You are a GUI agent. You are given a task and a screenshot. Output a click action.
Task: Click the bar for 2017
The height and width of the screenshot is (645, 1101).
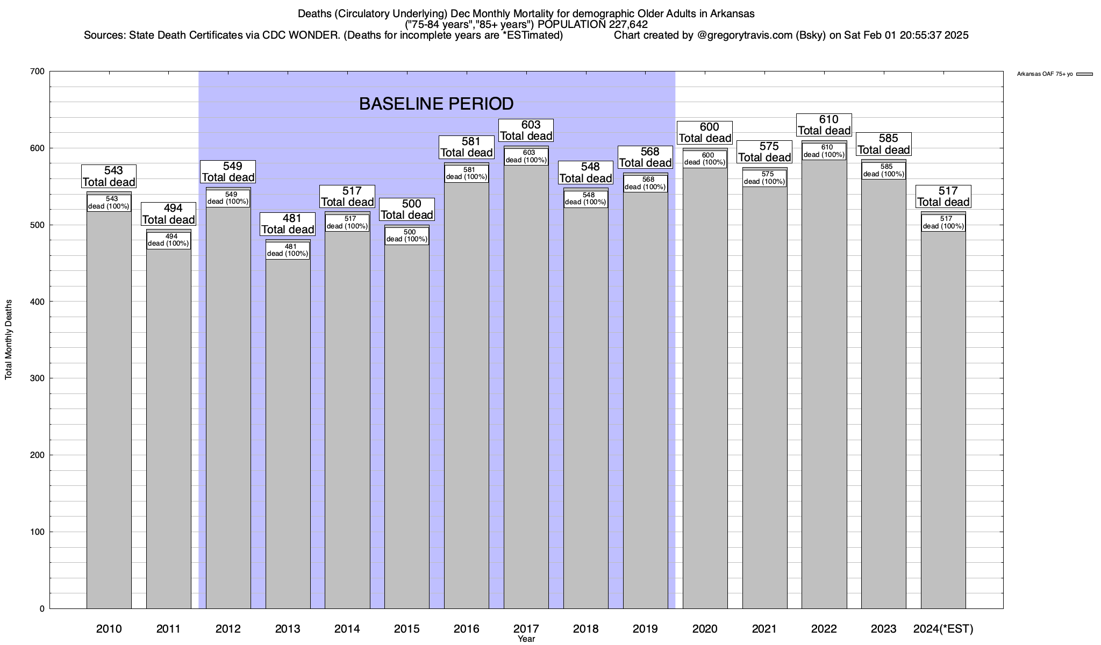(526, 387)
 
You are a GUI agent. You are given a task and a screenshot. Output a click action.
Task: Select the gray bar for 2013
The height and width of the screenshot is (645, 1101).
(288, 430)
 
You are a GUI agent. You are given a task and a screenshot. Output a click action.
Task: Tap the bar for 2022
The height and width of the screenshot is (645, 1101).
(824, 387)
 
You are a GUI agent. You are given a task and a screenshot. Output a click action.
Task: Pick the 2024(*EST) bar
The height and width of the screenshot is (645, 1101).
(943, 419)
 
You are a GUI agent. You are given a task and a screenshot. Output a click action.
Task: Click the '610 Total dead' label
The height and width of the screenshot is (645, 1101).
(824, 125)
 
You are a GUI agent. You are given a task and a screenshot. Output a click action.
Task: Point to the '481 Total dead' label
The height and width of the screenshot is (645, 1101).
(288, 224)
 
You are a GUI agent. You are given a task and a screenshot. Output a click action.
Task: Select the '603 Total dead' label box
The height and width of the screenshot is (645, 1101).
(526, 131)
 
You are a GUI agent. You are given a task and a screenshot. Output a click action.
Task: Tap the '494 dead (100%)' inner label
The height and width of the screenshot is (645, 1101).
(169, 240)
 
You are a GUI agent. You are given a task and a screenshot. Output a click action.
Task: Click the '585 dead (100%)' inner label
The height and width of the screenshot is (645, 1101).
(884, 170)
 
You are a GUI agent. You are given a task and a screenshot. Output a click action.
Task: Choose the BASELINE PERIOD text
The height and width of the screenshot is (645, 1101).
(436, 104)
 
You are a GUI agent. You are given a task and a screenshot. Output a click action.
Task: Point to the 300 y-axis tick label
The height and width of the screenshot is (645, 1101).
(38, 378)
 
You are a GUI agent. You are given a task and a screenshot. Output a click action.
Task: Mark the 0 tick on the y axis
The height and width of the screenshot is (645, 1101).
(41, 609)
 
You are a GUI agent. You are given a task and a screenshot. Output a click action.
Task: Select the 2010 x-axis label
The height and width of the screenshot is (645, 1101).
(109, 629)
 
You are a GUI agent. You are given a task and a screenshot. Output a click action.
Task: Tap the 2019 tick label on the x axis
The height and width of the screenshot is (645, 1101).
(646, 629)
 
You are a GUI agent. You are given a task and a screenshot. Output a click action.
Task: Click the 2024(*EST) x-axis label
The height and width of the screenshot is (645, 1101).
(943, 629)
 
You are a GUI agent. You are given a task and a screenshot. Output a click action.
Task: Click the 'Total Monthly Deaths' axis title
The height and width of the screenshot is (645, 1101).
(9, 340)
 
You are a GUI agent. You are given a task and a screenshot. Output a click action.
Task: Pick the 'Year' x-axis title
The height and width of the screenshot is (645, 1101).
(526, 639)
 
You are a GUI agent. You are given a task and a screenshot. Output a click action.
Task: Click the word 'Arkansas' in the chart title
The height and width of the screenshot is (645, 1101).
(734, 14)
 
